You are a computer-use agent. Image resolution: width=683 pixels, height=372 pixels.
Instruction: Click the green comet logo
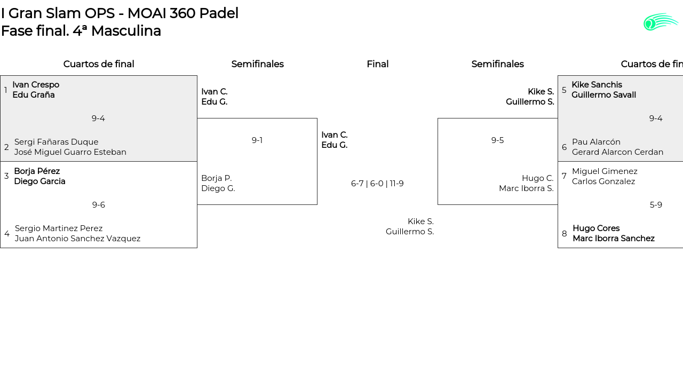[661, 22]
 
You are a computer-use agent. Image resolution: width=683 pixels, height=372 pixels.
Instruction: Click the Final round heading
[377, 64]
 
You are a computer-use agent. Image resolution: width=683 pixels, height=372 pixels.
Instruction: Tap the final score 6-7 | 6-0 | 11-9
[377, 184]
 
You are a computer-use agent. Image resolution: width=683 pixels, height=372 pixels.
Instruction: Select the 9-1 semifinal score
[257, 140]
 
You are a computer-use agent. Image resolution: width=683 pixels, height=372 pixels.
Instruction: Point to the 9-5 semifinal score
[497, 140]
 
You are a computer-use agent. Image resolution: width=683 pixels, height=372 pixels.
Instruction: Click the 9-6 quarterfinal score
[99, 205]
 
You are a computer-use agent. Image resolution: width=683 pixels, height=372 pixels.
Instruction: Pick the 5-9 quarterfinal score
[656, 205]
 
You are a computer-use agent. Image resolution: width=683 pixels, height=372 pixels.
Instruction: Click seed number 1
[6, 90]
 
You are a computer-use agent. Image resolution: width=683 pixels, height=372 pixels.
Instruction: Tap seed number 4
[7, 234]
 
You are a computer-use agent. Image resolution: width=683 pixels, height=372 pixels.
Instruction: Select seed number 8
[565, 234]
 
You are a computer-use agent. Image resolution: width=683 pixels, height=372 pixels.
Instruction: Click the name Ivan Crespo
[36, 85]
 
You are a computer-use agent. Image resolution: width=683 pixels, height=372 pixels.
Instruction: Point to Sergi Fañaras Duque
[57, 142]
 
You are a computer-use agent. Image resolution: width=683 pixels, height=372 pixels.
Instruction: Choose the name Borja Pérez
[37, 171]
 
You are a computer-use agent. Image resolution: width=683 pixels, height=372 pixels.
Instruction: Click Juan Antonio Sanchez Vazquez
[78, 239]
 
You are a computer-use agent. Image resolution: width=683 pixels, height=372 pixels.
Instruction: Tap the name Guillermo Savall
[603, 95]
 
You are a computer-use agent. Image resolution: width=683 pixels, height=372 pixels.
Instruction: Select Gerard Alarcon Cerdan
[617, 152]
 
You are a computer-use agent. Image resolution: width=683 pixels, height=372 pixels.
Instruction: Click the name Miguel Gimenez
[605, 171]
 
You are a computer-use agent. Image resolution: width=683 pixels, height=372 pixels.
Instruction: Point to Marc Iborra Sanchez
[614, 239]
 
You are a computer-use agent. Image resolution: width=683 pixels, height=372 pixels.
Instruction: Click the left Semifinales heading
[257, 64]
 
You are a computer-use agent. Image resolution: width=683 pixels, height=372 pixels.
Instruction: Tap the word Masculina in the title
[126, 31]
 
